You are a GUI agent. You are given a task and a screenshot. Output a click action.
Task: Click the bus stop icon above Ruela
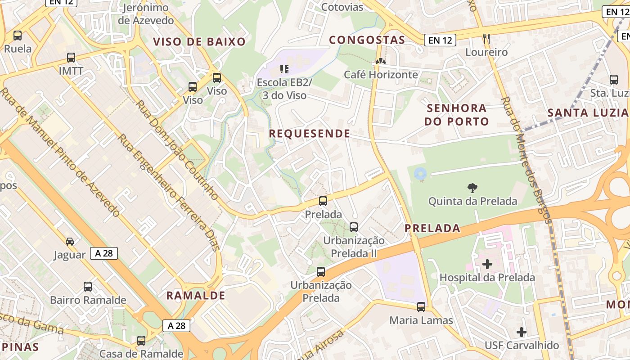[x=18, y=35]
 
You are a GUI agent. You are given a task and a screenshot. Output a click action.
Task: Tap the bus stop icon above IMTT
[x=71, y=57]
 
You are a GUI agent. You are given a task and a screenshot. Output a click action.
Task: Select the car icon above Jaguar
[x=70, y=242]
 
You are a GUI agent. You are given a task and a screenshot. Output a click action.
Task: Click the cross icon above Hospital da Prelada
[x=487, y=264]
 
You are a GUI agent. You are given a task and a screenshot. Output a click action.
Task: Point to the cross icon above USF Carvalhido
[x=522, y=332]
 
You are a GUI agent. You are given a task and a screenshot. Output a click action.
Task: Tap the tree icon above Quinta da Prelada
[x=472, y=188]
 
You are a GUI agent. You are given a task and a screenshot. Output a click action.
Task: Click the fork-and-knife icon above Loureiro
[x=486, y=39]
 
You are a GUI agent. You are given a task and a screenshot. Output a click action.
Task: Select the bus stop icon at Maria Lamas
[x=421, y=307]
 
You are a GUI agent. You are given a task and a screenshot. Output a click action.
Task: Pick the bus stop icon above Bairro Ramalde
[x=88, y=287]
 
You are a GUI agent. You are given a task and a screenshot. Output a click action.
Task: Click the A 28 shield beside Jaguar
[x=104, y=253]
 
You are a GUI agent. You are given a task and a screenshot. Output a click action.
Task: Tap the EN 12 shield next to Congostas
[x=440, y=40]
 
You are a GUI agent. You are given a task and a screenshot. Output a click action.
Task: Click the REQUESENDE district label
[x=310, y=133]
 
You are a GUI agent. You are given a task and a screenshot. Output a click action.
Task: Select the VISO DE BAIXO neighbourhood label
[x=199, y=42]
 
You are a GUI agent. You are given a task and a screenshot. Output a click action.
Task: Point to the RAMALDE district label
[x=196, y=296]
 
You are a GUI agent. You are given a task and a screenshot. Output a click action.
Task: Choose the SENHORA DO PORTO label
[x=457, y=115]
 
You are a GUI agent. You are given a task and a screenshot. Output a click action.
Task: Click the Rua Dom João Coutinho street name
[x=177, y=150]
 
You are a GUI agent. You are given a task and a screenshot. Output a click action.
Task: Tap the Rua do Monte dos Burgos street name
[x=526, y=160]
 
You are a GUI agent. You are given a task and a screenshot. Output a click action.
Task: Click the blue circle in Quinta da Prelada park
[x=420, y=173]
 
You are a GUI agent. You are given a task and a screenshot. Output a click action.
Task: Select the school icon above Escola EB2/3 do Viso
[x=284, y=69]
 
